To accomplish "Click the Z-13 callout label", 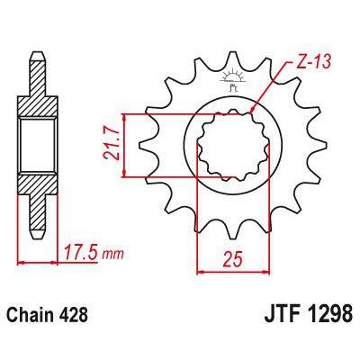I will click(x=309, y=64).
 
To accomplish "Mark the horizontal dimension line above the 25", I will click(x=233, y=271).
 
